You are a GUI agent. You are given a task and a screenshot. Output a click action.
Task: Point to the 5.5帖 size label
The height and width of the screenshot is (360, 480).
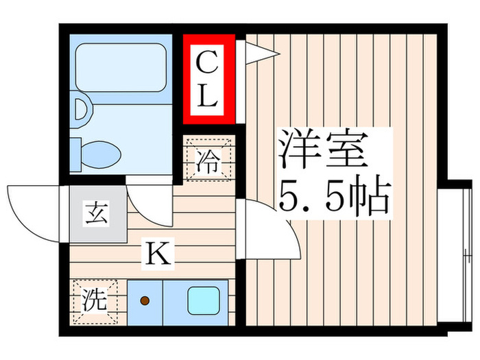[334, 197]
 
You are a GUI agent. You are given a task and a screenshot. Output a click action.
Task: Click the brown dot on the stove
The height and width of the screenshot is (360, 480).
[144, 300]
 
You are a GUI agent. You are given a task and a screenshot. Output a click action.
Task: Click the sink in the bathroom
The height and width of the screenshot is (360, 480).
[81, 112]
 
